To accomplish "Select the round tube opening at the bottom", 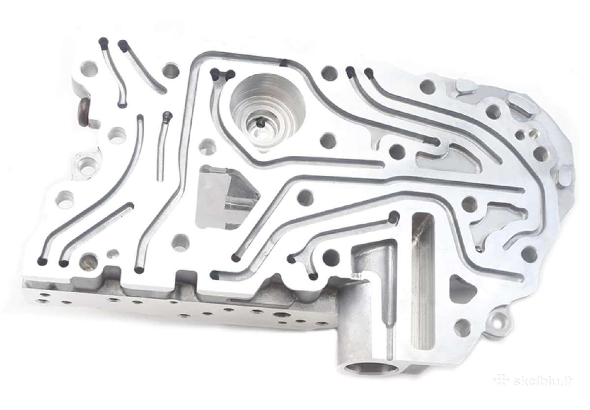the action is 368,371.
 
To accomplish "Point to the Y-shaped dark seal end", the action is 222,75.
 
